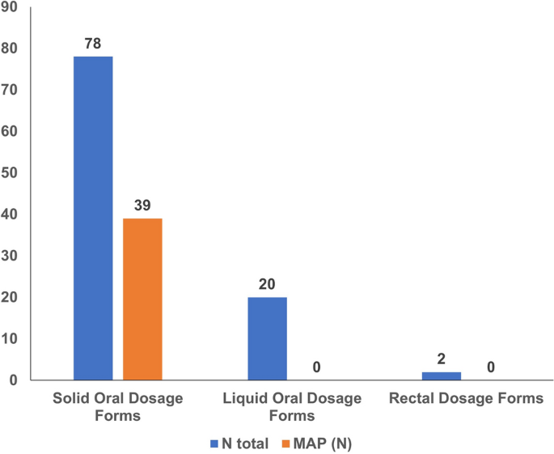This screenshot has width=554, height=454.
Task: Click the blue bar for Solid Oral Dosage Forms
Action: tap(93, 218)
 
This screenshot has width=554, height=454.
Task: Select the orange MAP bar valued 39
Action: tap(142, 299)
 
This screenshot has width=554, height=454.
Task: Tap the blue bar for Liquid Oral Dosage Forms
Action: tap(267, 338)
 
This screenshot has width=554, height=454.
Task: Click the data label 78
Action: tap(93, 41)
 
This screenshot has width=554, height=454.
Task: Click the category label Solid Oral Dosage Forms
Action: tap(117, 407)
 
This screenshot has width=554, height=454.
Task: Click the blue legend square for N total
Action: tap(214, 442)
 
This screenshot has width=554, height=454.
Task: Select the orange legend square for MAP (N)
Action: tap(285, 442)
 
